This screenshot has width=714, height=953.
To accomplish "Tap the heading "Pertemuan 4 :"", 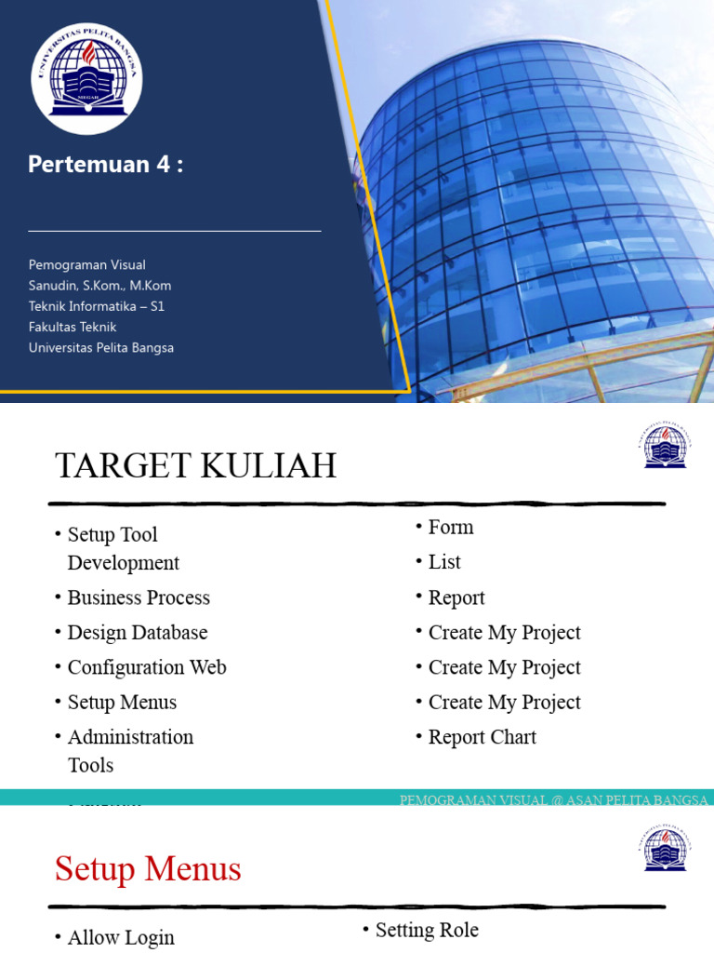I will (105, 165).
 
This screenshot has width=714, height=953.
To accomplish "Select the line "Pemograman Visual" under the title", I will (86, 265).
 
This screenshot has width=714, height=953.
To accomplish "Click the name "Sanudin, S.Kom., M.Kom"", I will (99, 286).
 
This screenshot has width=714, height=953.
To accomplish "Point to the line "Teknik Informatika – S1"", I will (96, 306).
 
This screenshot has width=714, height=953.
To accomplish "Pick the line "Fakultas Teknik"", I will (73, 327).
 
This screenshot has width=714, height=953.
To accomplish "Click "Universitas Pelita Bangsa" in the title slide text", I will (100, 347).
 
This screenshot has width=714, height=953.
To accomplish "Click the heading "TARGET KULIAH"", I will (195, 465).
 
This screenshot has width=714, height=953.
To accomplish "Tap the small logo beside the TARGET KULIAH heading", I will (664, 444).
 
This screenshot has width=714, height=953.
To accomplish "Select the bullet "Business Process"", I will (139, 597).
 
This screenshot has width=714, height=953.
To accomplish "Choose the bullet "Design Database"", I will (138, 633).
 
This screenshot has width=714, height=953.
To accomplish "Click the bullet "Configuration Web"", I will (147, 667).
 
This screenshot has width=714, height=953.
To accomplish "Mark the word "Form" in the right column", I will (451, 528).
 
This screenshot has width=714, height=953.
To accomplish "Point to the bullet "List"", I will (444, 562).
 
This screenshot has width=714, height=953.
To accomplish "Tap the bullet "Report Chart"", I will (482, 737).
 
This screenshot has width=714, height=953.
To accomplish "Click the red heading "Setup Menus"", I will (148, 869).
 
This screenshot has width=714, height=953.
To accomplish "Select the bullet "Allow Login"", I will (121, 937).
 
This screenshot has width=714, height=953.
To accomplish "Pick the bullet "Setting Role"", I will (427, 930).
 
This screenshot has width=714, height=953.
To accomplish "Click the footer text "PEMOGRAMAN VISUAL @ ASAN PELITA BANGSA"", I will (553, 800).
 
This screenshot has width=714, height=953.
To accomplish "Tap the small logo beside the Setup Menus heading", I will (664, 847).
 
